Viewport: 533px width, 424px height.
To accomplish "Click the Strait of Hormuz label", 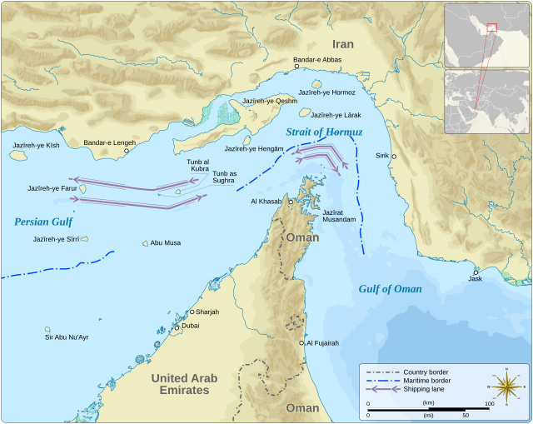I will [324, 132].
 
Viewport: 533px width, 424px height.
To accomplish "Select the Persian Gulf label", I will [43, 222].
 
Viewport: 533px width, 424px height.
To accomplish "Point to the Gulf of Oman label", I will [390, 289].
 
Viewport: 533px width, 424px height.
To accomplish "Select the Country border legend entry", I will [426, 371].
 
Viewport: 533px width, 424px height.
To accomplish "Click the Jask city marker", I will [476, 272].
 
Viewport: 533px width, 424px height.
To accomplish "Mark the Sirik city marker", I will [395, 157].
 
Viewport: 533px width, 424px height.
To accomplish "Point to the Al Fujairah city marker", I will [301, 342].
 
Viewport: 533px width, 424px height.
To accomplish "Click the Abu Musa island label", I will [165, 243].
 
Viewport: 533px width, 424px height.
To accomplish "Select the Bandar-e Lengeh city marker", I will [127, 151].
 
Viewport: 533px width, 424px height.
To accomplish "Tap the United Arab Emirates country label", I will [184, 384].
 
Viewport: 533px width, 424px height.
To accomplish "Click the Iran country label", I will [342, 44].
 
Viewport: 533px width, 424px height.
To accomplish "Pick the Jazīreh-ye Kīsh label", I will [36, 145].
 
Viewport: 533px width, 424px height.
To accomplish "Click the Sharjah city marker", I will [192, 312].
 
